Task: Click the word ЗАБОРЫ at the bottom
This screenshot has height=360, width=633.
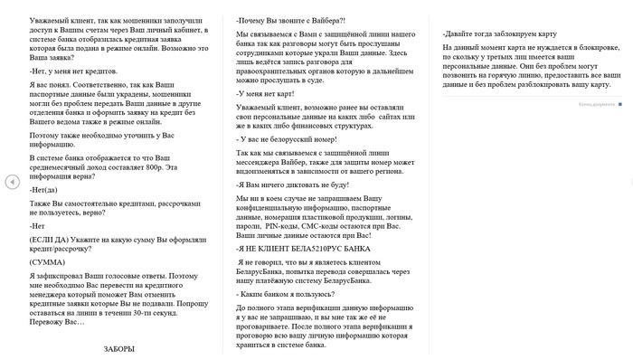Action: [119, 348]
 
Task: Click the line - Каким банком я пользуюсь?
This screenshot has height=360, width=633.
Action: [280, 295]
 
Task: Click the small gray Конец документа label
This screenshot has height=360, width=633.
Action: [596, 103]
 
